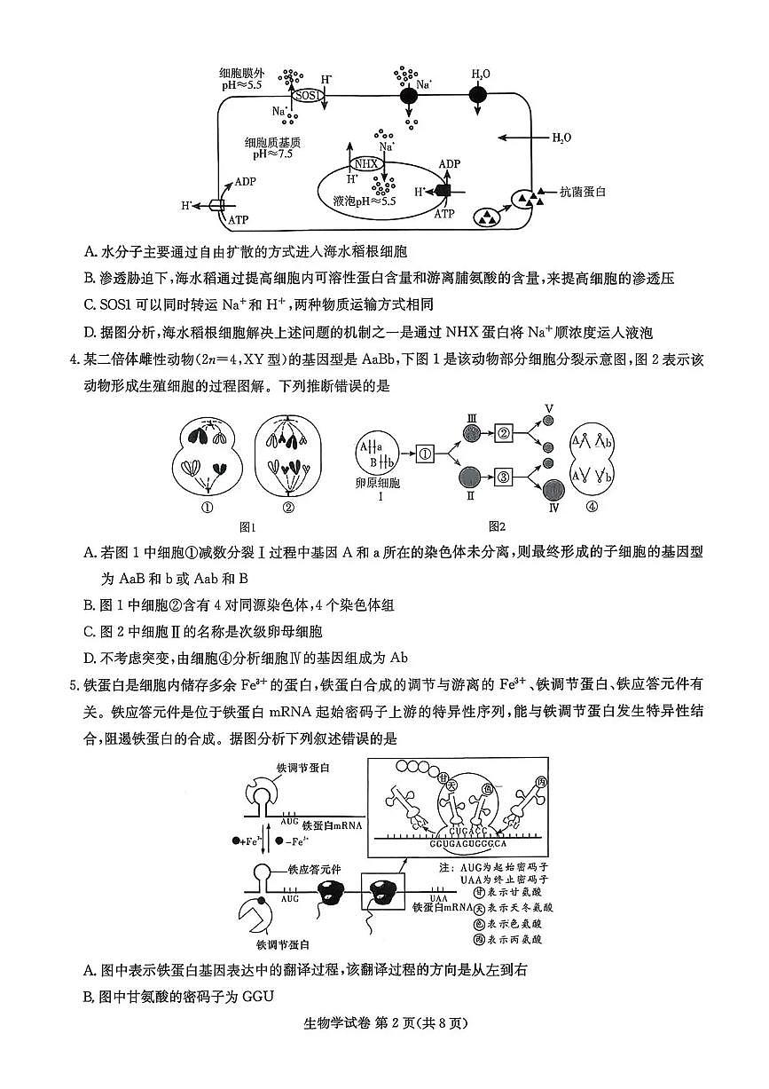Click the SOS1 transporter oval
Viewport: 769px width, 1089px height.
[x=308, y=94]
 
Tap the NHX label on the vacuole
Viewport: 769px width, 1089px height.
[x=366, y=163]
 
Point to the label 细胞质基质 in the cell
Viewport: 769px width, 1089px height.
[x=272, y=141]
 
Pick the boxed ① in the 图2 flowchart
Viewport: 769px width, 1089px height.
[x=425, y=453]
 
